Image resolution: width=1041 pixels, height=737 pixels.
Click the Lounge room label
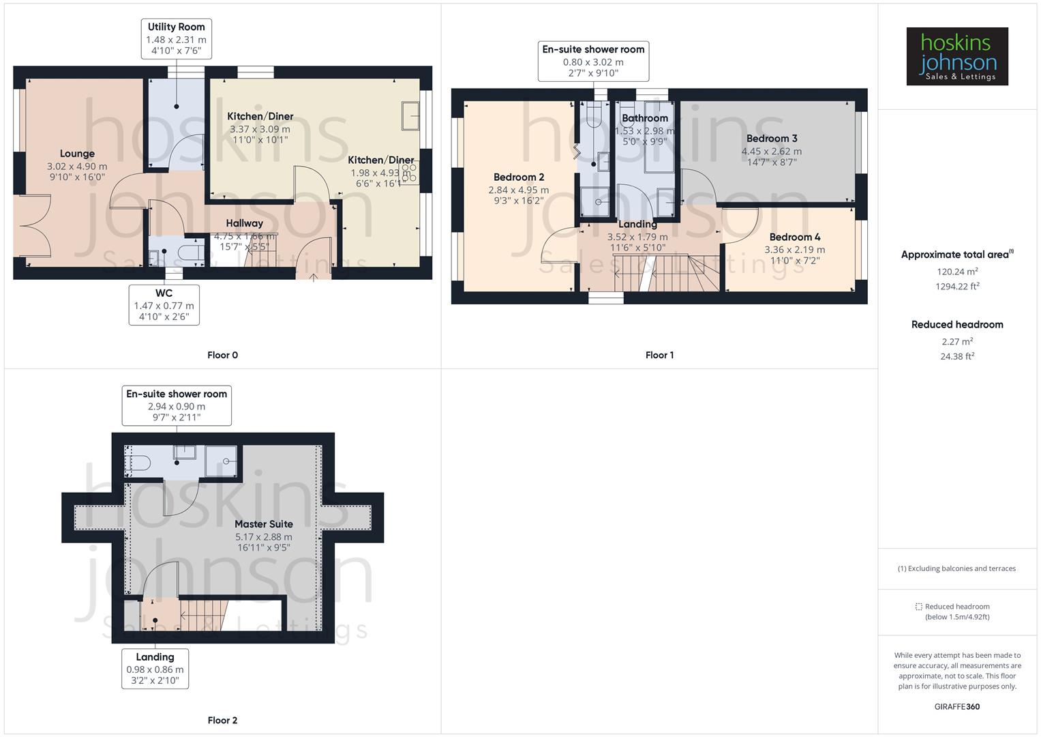pyautogui.click(x=77, y=154)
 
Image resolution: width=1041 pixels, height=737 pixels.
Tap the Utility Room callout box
pyautogui.click(x=176, y=38)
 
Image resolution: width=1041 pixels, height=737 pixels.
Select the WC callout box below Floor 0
pyautogui.click(x=164, y=304)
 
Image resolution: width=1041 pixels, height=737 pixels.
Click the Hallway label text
pyautogui.click(x=244, y=223)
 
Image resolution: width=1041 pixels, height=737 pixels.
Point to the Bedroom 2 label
pyautogui.click(x=519, y=177)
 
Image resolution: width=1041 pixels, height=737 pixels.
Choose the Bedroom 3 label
pyautogui.click(x=772, y=139)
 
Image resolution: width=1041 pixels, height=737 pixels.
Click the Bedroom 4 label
pyautogui.click(x=795, y=237)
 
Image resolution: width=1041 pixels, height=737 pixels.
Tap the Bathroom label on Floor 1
pyautogui.click(x=645, y=119)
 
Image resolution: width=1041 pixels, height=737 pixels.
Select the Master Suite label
pyautogui.click(x=264, y=524)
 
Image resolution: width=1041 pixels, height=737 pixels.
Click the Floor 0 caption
pyautogui.click(x=222, y=355)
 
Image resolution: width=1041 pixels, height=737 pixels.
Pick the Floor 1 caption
pyautogui.click(x=659, y=355)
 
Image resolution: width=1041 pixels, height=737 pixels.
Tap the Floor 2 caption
pyautogui.click(x=222, y=720)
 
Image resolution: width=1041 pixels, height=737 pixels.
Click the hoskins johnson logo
pyautogui.click(x=957, y=57)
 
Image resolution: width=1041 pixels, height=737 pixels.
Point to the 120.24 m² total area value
pyautogui.click(x=957, y=272)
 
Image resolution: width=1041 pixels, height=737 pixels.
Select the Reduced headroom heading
pyautogui.click(x=957, y=325)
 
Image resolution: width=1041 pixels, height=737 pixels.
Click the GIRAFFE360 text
pyautogui.click(x=957, y=706)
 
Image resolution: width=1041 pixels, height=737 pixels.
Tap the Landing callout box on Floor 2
pyautogui.click(x=155, y=668)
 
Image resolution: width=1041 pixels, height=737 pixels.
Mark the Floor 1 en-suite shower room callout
pyautogui.click(x=593, y=61)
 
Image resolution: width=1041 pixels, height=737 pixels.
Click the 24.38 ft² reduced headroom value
pyautogui.click(x=957, y=356)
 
